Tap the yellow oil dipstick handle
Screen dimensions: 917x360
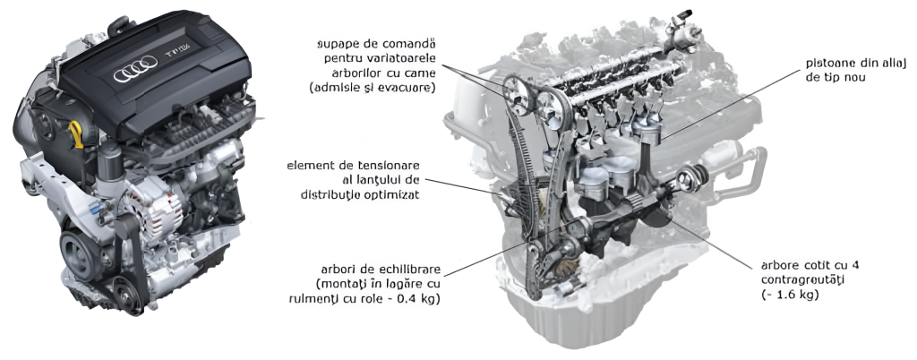75,127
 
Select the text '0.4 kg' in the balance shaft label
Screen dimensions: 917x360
423,298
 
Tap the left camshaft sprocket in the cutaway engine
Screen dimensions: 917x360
515,94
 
